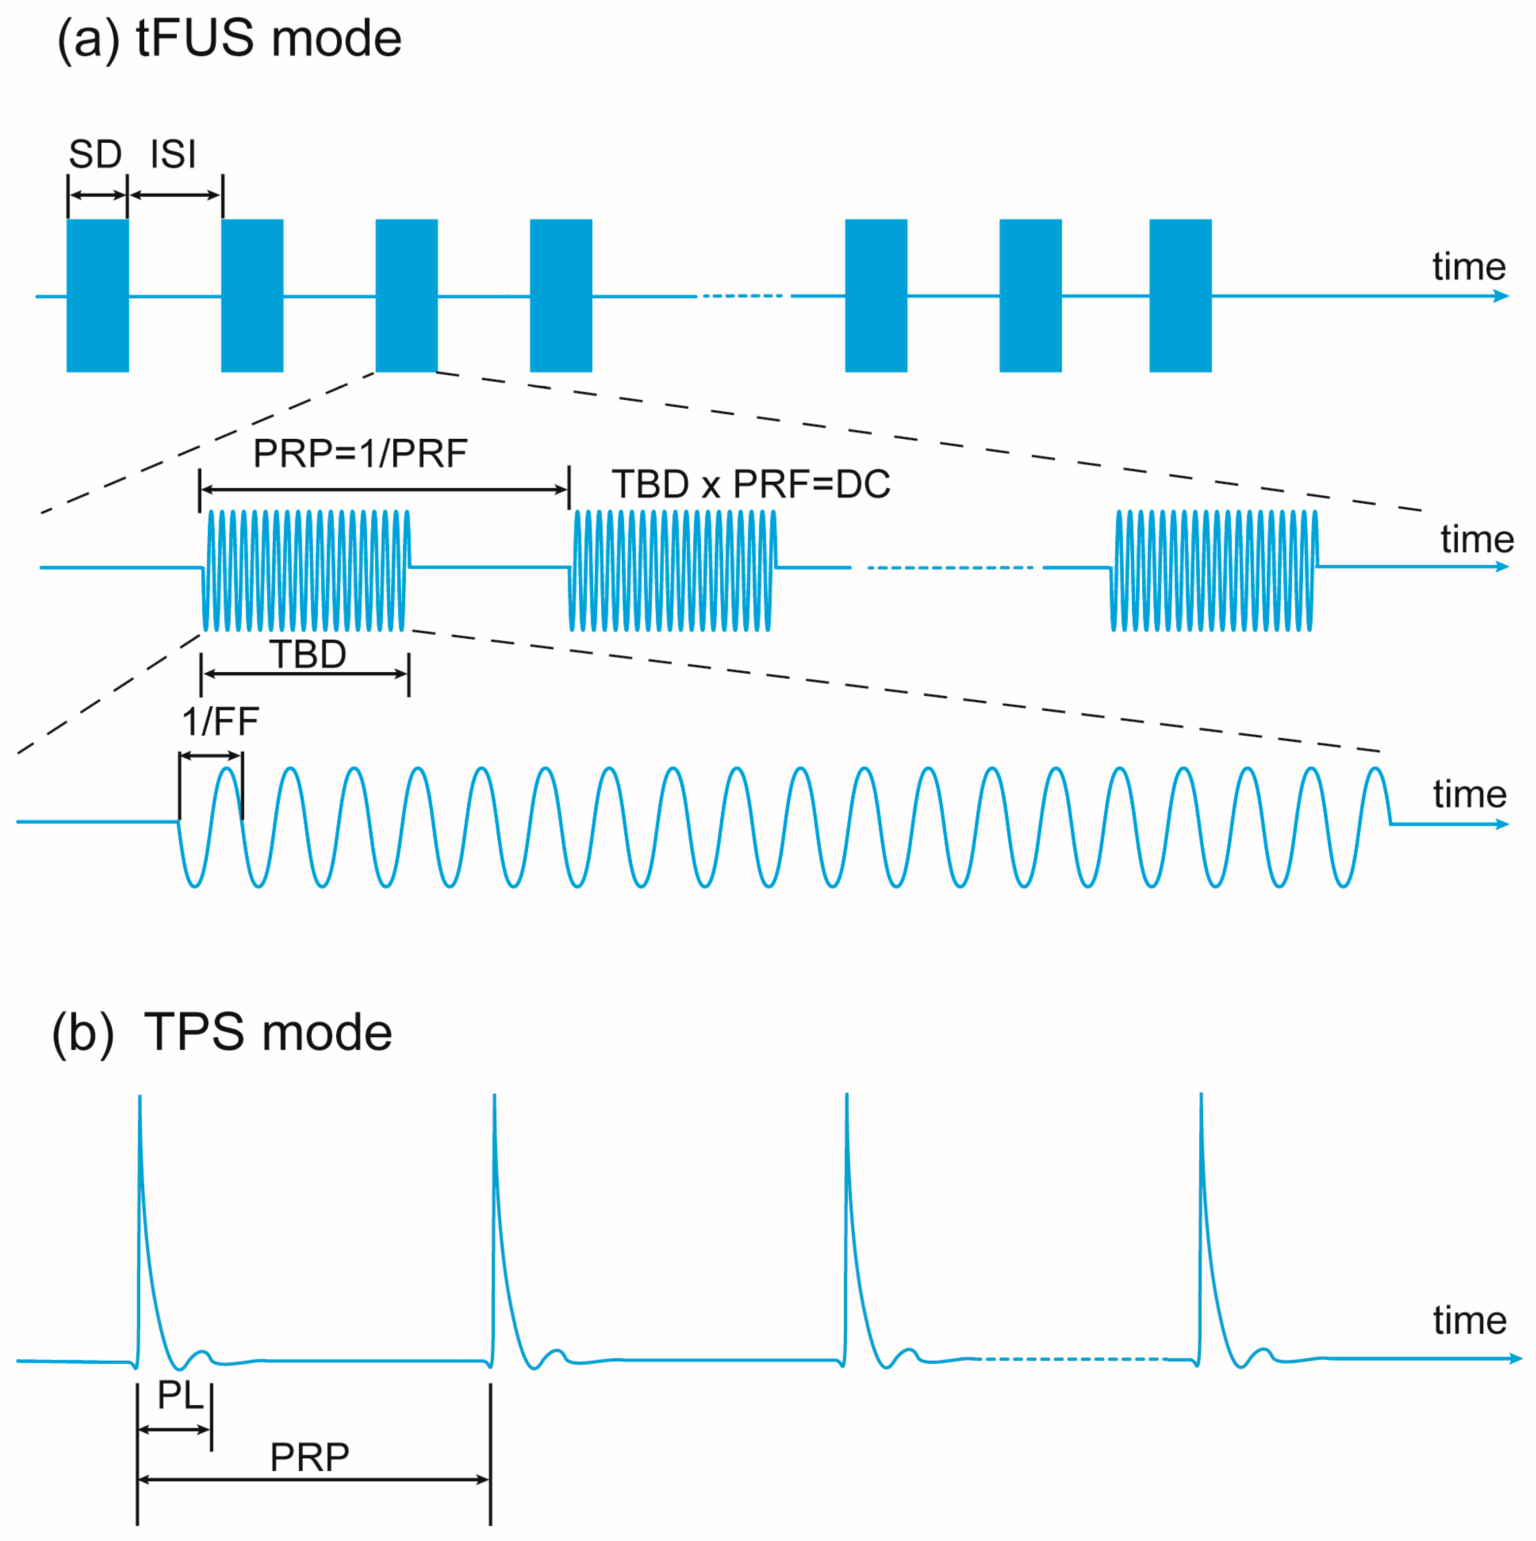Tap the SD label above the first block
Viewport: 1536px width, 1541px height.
(x=95, y=154)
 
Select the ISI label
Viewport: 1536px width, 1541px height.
(x=173, y=154)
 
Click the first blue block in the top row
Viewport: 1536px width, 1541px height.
(x=97, y=295)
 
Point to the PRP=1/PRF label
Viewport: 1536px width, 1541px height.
(x=360, y=453)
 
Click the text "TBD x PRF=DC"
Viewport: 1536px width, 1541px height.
(x=750, y=484)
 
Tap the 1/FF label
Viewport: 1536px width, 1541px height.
(x=220, y=722)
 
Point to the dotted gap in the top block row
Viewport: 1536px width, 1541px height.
(x=743, y=296)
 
